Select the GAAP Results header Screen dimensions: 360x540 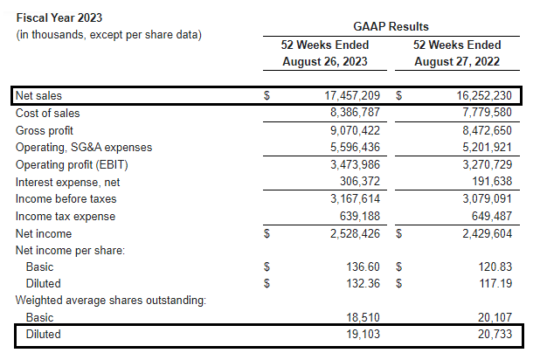point(390,27)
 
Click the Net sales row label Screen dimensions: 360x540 point(39,95)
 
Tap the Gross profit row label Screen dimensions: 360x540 point(45,129)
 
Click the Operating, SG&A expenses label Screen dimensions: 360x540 point(84,147)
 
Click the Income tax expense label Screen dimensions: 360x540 point(59,216)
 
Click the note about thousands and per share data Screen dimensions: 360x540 point(109,34)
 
